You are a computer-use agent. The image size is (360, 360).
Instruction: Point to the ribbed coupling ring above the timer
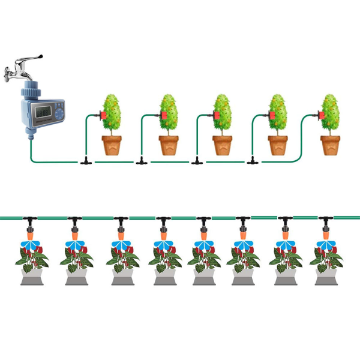pos(30,92)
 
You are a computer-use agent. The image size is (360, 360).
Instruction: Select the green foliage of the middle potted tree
pos(223,111)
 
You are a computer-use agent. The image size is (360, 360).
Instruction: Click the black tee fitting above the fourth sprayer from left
pos(163,220)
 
